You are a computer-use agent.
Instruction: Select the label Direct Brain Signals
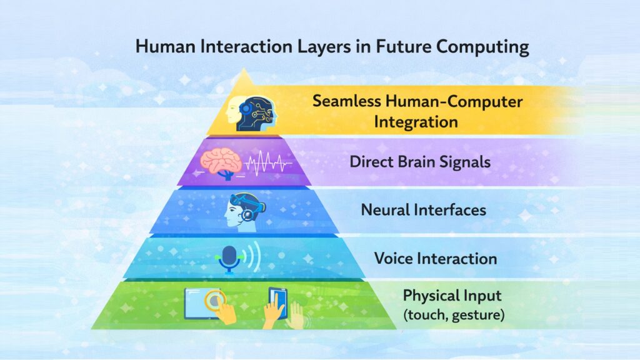[420, 161]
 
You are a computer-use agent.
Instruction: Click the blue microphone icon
[229, 258]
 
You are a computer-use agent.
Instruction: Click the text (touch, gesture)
[453, 315]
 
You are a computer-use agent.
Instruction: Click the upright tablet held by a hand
[278, 301]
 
